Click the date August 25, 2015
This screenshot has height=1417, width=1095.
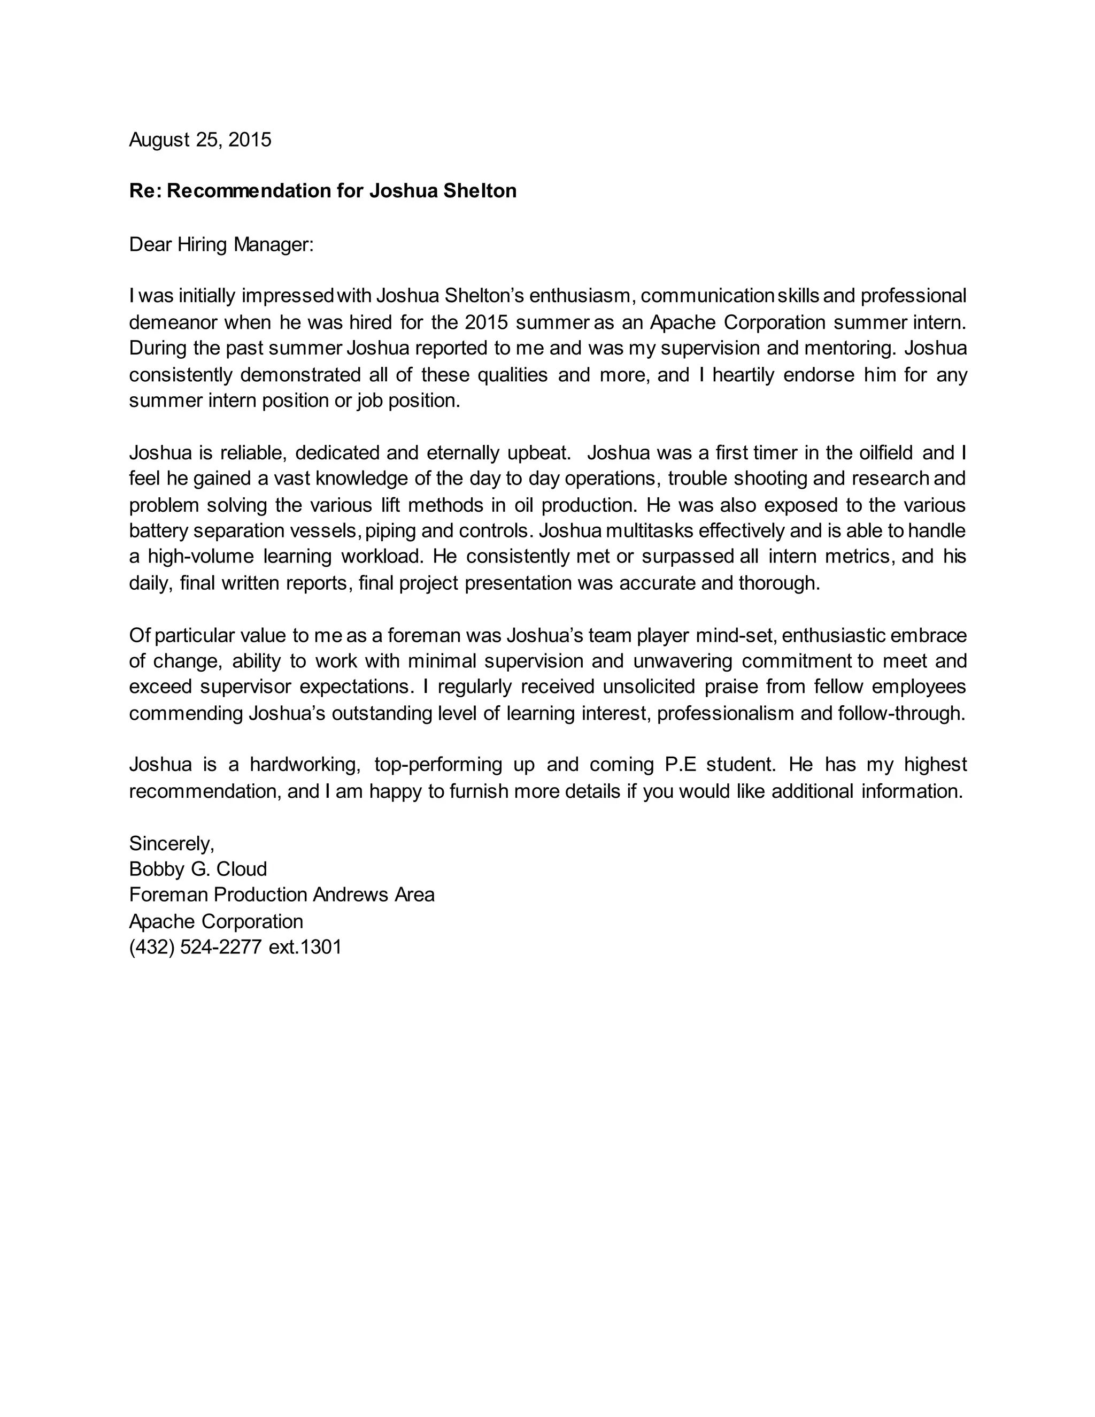tap(200, 140)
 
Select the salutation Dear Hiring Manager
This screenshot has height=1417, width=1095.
tap(221, 244)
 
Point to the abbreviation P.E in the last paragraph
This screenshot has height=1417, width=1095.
tap(681, 765)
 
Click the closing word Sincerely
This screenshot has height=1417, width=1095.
tap(171, 843)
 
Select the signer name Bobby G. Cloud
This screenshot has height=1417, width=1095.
tap(198, 869)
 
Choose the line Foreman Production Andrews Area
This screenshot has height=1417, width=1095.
tap(282, 895)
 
